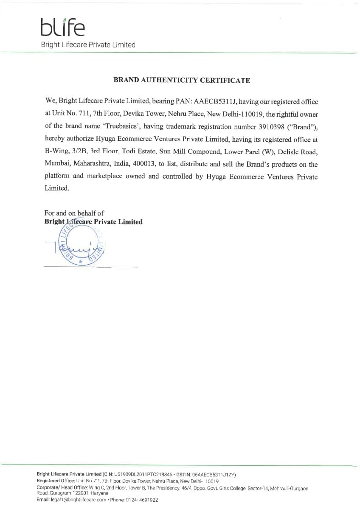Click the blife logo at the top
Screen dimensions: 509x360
point(63,28)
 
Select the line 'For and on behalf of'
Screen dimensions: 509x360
point(74,213)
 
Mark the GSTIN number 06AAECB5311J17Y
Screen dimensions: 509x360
point(214,474)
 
